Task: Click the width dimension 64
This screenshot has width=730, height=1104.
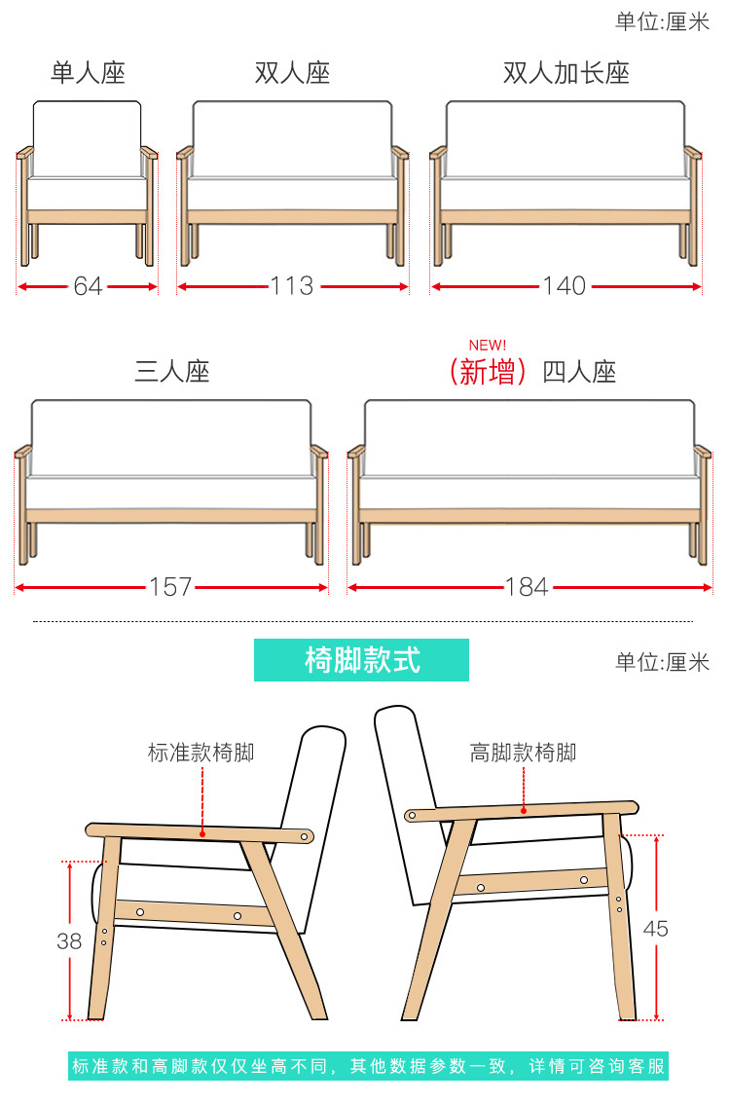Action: (88, 286)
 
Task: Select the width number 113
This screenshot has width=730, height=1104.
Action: (292, 286)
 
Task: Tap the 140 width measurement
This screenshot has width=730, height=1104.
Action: (565, 286)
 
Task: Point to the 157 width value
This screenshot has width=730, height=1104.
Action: (170, 587)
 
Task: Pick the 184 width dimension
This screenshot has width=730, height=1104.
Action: (527, 587)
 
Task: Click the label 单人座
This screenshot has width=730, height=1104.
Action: (89, 73)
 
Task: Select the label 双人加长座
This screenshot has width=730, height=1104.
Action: (566, 73)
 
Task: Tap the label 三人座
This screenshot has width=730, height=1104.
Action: (172, 371)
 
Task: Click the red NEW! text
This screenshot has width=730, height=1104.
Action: (488, 346)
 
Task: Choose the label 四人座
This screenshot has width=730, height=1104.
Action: (579, 372)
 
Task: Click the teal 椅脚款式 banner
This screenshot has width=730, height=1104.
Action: (361, 660)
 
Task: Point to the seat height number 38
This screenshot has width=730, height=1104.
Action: (69, 941)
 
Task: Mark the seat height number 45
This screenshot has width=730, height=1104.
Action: (656, 929)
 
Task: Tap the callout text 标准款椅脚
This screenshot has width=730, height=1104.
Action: (201, 753)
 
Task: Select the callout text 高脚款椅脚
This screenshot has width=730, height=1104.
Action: (523, 753)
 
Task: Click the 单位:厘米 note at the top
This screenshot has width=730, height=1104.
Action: (663, 21)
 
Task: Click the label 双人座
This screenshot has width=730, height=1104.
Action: (292, 73)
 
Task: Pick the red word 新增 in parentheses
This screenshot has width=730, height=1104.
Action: (488, 372)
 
